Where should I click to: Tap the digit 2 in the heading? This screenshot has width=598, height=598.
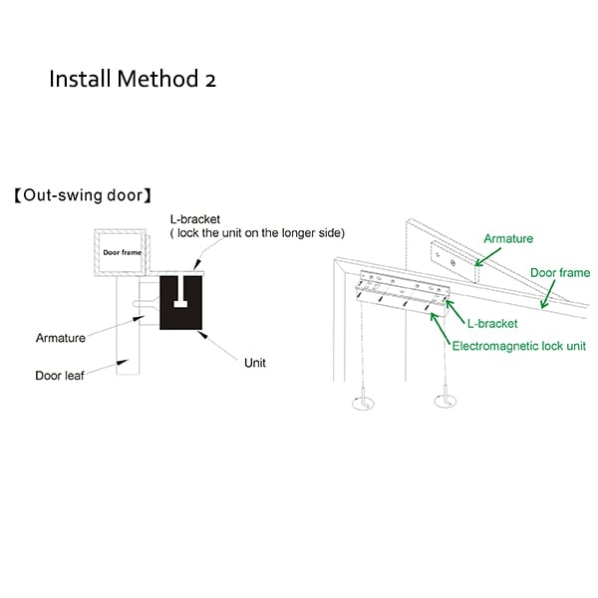(209, 80)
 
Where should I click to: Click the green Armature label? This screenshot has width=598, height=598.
(507, 239)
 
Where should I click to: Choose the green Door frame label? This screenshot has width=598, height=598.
(559, 272)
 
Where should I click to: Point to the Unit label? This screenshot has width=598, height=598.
(255, 364)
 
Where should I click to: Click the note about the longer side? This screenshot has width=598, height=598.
(256, 233)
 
